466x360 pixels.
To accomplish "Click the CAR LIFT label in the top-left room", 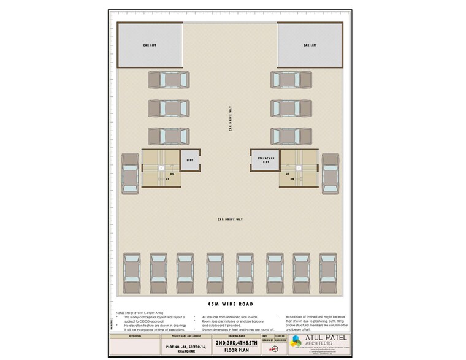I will point(150,45).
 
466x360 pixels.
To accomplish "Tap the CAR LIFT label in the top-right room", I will point(310,45).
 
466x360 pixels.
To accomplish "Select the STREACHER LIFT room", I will point(265,159).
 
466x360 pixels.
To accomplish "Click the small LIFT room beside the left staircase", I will point(189,159).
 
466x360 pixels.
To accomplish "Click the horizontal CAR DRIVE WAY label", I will point(230,219).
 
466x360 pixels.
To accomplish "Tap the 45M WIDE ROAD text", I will point(230,304).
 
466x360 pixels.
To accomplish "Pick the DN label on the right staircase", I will point(294,174).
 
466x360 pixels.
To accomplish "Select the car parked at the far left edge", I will point(130,174).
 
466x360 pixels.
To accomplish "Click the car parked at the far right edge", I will point(330,174).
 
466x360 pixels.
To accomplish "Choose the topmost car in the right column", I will point(292,80).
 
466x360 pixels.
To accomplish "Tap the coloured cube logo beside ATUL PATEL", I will point(296,342).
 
